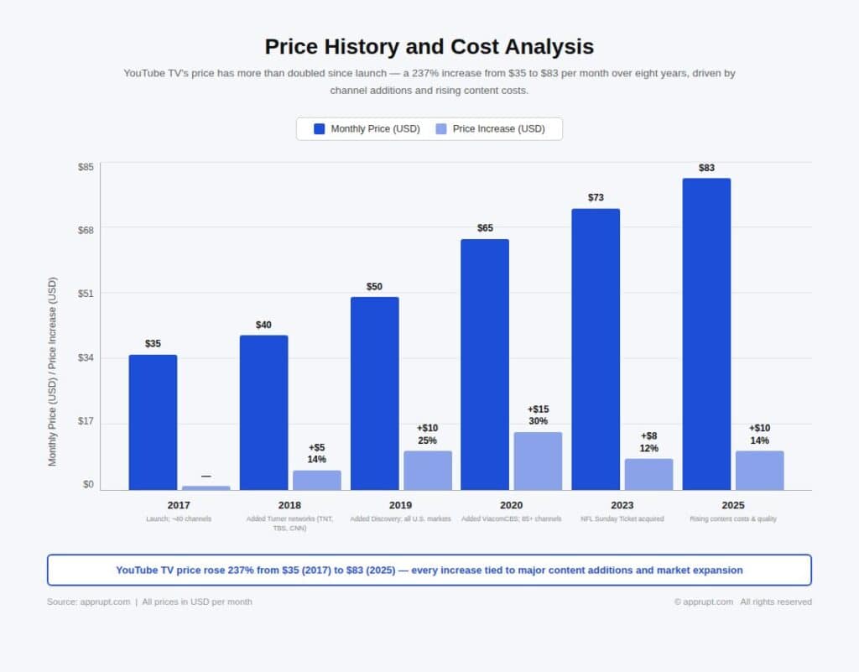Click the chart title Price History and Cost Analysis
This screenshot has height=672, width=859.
(429, 46)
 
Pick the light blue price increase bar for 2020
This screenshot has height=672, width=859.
(538, 461)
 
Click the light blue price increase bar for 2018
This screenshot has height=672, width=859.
(316, 480)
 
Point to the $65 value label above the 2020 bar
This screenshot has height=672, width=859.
(485, 228)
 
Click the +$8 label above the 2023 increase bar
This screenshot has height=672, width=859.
(648, 436)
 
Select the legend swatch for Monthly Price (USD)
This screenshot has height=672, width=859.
(319, 129)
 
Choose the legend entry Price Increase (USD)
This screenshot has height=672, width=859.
(498, 129)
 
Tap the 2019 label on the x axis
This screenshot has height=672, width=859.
(400, 505)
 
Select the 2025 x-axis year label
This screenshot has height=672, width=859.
(732, 505)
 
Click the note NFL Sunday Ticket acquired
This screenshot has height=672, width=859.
(622, 519)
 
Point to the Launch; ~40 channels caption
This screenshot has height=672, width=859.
(179, 519)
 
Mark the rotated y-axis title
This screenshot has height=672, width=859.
(53, 371)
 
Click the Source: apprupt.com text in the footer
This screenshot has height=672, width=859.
(88, 602)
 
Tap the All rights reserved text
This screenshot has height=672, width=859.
(775, 602)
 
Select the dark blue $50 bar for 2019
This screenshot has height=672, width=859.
(374, 393)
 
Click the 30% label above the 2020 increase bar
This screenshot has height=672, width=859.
(538, 421)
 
